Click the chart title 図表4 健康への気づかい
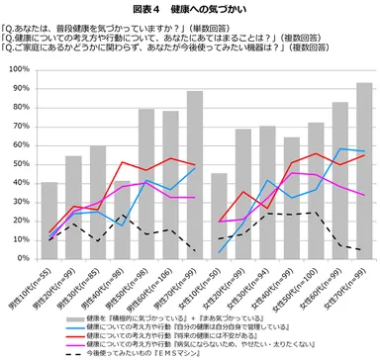pyautogui.click(x=190, y=8)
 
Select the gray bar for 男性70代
pyautogui.click(x=195, y=174)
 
